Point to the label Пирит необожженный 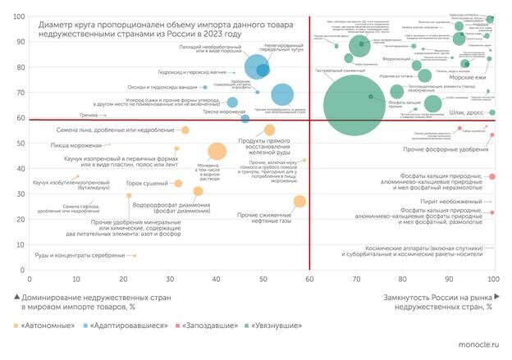[x=456, y=200]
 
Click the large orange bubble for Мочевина [x=217, y=151]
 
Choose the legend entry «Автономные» [x=42, y=326]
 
